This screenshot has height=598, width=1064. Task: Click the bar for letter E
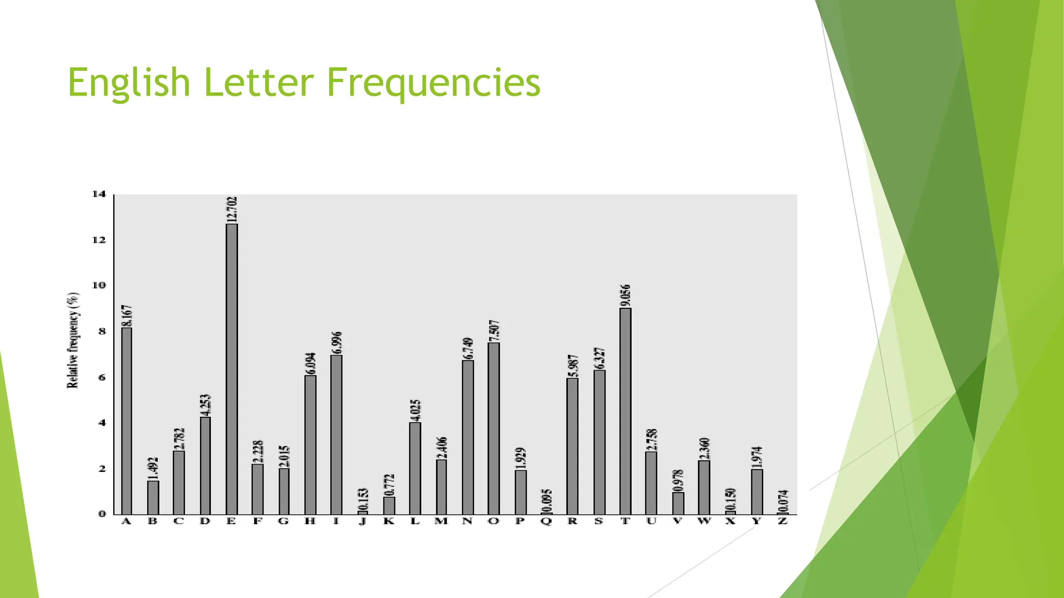tap(232, 369)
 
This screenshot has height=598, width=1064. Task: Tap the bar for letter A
tap(127, 420)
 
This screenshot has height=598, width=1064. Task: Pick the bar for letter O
tap(494, 428)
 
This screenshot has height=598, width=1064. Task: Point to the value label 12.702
tap(232, 209)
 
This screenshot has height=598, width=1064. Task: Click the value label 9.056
tap(626, 295)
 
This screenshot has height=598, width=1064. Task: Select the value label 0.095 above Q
tap(547, 500)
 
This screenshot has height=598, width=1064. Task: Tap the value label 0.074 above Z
tap(783, 501)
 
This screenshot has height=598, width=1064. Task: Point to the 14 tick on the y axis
tap(99, 194)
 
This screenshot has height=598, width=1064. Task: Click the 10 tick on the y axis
tap(99, 286)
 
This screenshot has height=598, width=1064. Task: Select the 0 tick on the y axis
tap(102, 514)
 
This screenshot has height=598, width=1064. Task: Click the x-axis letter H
tap(310, 521)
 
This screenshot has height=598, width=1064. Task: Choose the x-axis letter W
tap(704, 521)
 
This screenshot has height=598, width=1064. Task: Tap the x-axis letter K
tap(389, 521)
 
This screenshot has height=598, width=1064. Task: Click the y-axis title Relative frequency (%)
tap(73, 341)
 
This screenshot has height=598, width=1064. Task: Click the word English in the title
tap(129, 83)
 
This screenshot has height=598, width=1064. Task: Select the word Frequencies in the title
tap(433, 83)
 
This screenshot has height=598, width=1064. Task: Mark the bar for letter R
tap(573, 446)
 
